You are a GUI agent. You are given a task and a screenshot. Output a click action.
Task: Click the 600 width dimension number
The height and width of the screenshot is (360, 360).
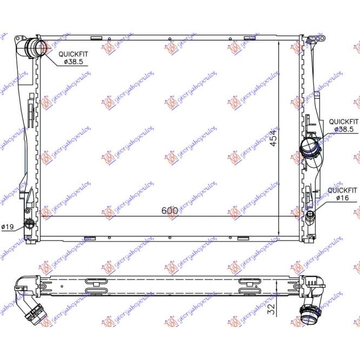click(x=169, y=211)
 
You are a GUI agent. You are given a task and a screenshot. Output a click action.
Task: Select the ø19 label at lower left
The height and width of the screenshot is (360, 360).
click(x=8, y=226)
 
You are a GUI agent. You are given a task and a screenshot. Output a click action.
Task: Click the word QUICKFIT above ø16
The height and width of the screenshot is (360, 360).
click(x=343, y=191)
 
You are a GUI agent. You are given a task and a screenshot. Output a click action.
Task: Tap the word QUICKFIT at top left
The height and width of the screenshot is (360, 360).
click(x=74, y=54)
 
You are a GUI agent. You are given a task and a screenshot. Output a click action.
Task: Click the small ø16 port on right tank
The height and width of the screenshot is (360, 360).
click(x=310, y=217)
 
